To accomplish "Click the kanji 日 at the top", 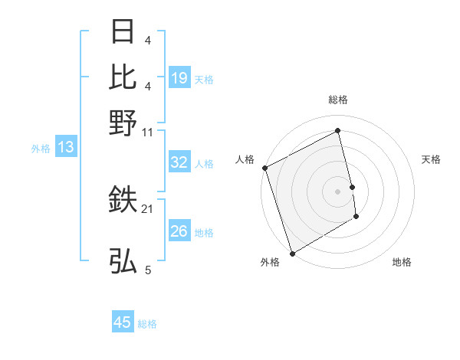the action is pos(123,32).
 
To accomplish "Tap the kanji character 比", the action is pos(123,77).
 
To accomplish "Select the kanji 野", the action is pos(123,122).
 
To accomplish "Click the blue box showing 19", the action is pos(179,78).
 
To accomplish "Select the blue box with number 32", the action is pos(179,162).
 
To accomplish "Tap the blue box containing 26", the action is pos(179,231).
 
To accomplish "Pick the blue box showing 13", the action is pos(65,148).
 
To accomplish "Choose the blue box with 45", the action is pos(123,322).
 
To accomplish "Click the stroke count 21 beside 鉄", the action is pos(148,208).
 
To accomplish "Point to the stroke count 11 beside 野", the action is pos(148,131).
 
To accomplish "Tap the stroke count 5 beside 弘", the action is pos(148,270).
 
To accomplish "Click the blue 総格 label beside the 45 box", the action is pos(147,324).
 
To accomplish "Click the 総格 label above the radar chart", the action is pos(338,100).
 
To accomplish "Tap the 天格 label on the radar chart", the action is pos(432,159).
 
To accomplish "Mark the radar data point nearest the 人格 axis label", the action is pos(264,168).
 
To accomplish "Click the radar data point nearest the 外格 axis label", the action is pos(292,253).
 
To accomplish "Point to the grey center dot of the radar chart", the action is pos(338,191).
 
